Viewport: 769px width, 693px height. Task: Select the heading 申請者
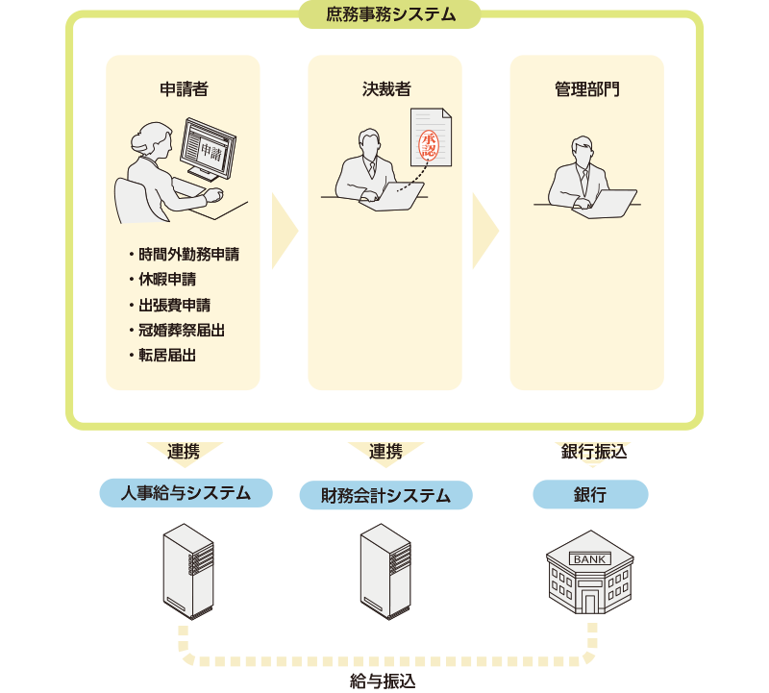pyautogui.click(x=183, y=90)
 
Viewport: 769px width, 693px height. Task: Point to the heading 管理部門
pyautogui.click(x=586, y=90)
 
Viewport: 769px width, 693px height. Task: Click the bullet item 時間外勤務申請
pyautogui.click(x=187, y=256)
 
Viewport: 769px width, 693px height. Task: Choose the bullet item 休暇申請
pyautogui.click(x=168, y=281)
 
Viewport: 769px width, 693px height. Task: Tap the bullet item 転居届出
pyautogui.click(x=168, y=356)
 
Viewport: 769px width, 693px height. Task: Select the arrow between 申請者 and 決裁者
pyautogui.click(x=285, y=232)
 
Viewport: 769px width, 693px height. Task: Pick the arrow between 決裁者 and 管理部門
pyautogui.click(x=485, y=232)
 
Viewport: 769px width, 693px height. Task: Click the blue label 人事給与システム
pyautogui.click(x=186, y=494)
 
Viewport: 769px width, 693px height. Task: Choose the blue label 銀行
pyautogui.click(x=590, y=495)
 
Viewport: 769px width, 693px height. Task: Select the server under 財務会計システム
pyautogui.click(x=385, y=571)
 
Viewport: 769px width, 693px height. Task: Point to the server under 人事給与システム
pyautogui.click(x=187, y=571)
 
